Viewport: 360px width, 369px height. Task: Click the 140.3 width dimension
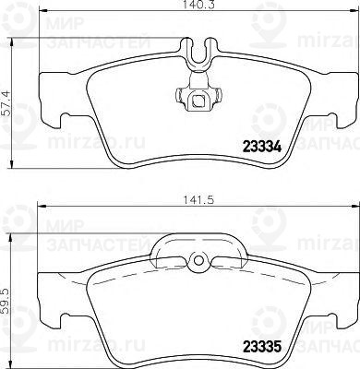pyautogui.click(x=193, y=6)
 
